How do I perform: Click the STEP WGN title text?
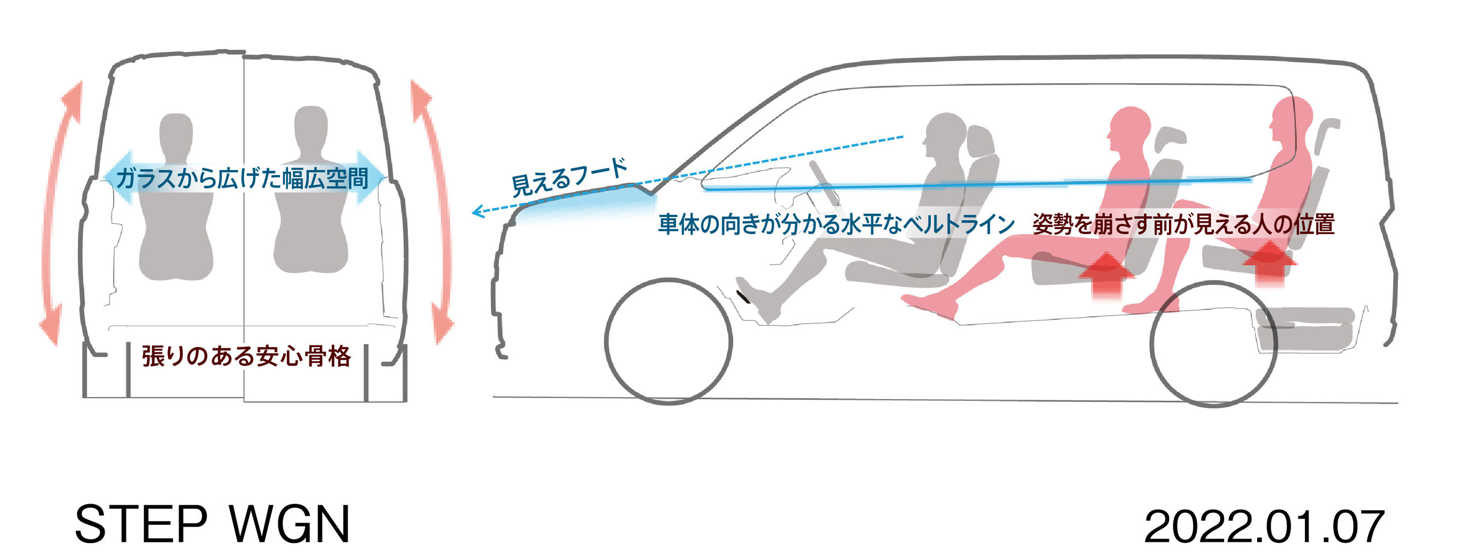(x=212, y=525)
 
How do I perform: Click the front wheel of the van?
(x=668, y=341)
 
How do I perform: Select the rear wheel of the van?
(x=1214, y=343)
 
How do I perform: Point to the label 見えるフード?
(x=569, y=177)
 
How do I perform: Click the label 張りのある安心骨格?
(x=246, y=357)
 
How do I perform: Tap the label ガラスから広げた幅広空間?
(x=242, y=179)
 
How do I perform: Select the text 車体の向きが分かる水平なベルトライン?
(x=836, y=224)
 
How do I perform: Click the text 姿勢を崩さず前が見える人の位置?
(x=1183, y=224)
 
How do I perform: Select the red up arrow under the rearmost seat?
(x=1269, y=262)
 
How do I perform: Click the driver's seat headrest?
(x=980, y=141)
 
